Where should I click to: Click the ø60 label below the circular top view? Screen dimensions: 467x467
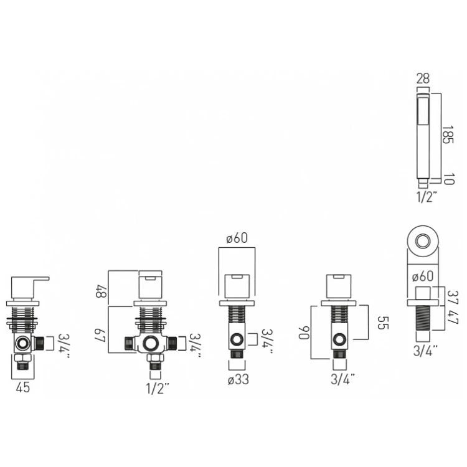[422, 276]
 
